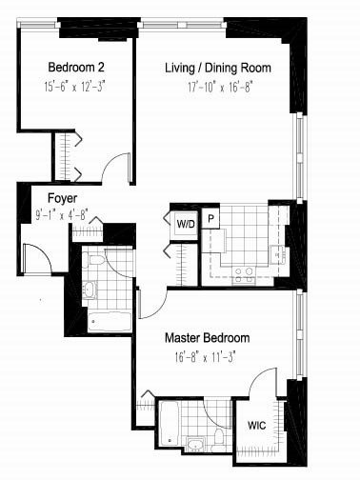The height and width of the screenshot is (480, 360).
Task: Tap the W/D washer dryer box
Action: (x=184, y=223)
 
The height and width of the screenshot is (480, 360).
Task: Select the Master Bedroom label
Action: (x=207, y=338)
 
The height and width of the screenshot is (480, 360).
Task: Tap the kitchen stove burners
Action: (x=244, y=271)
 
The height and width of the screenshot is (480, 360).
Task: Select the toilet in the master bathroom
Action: (x=217, y=439)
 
